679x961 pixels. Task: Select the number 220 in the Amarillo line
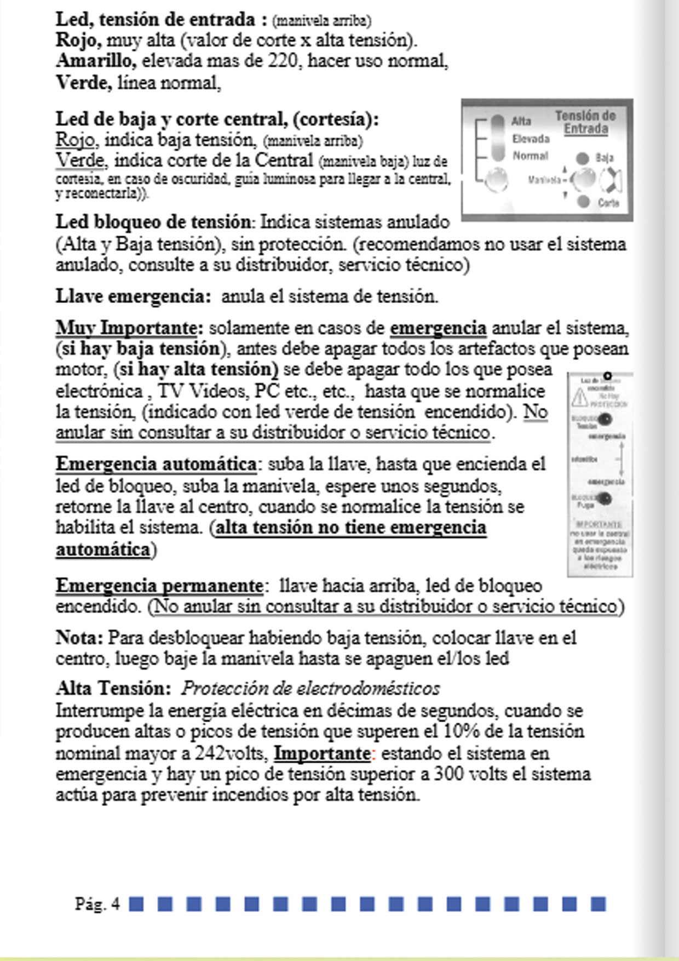[x=283, y=61]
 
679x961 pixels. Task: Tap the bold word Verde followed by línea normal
[x=84, y=83]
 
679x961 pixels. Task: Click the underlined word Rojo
[x=75, y=140]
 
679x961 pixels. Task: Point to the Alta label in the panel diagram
[x=521, y=122]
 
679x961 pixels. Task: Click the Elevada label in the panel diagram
[x=531, y=139]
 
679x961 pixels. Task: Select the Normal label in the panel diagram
[x=530, y=156]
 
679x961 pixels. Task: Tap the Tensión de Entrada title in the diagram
[x=585, y=122]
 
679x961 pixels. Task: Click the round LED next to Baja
[x=583, y=158]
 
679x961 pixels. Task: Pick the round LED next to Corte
[x=584, y=202]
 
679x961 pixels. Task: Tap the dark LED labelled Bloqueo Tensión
[x=605, y=420]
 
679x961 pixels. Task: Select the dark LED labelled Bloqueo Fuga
[x=605, y=499]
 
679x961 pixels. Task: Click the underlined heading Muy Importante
[x=126, y=328]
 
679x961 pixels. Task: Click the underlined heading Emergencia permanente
[x=159, y=586]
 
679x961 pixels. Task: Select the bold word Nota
[x=79, y=638]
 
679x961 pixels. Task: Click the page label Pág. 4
[x=97, y=904]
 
